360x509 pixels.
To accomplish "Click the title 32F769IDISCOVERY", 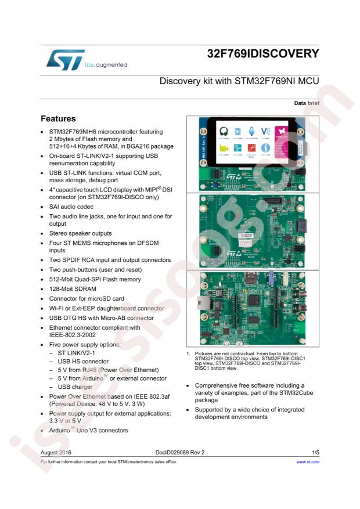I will (x=263, y=54).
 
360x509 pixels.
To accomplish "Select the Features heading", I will (x=58, y=118).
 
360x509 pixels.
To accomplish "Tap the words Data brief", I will (x=307, y=103).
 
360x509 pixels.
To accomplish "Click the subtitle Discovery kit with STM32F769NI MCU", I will (x=239, y=81).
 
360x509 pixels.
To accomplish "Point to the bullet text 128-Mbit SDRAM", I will (x=73, y=288).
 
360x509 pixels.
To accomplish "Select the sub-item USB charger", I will (x=75, y=387).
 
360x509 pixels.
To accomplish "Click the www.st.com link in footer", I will (x=308, y=462).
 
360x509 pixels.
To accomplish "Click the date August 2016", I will (x=56, y=452).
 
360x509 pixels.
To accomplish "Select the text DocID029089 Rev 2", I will (x=179, y=452).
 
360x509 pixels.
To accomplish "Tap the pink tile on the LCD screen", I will (x=281, y=142).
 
